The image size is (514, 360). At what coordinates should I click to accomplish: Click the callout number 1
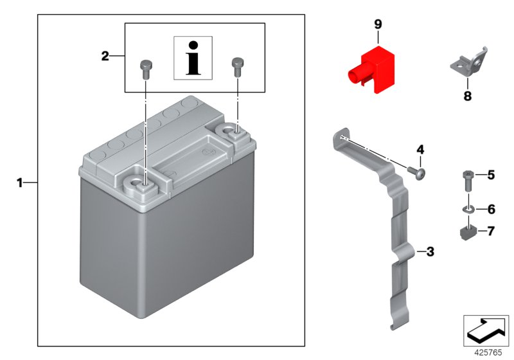tap(19, 183)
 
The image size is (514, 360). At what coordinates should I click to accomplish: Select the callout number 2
tap(105, 57)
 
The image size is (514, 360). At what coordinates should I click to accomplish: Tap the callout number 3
tap(430, 251)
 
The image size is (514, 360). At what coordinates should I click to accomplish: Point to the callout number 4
tap(420, 150)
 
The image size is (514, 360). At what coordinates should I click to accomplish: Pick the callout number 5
tap(491, 174)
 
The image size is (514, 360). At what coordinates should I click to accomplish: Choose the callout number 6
tap(491, 209)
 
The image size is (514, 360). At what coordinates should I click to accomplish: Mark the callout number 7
tap(491, 230)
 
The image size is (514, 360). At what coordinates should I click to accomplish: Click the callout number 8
tap(467, 96)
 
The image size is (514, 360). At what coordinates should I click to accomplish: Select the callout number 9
tap(378, 24)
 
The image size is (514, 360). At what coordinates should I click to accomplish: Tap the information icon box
tap(194, 58)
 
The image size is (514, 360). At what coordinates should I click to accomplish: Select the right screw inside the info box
tap(237, 65)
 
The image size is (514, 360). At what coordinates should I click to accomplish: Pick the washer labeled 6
tap(467, 209)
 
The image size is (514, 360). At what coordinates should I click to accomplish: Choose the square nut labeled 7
tap(467, 230)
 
